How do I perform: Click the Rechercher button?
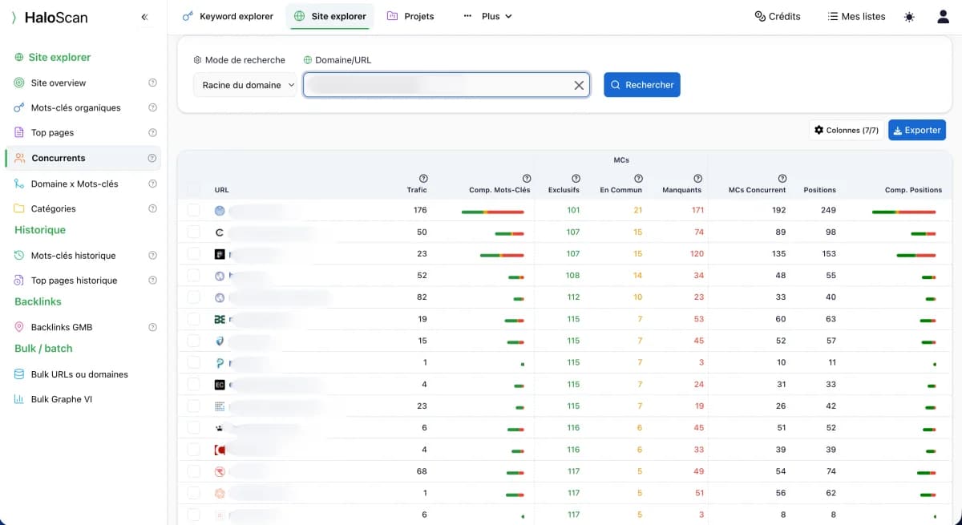641,85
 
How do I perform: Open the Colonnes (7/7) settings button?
847,130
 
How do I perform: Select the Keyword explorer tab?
228,16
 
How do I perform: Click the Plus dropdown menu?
488,16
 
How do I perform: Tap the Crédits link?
777,16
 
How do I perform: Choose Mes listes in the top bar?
856,16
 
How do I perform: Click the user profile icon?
943,16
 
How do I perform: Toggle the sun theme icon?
909,17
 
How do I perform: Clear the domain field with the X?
579,85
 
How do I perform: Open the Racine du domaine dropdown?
245,85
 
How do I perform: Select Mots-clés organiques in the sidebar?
75,107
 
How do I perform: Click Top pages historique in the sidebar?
74,281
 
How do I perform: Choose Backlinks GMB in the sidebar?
62,327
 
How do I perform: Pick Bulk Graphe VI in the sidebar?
61,399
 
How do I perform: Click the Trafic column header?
417,190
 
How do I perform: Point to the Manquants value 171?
697,210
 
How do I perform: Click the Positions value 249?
828,210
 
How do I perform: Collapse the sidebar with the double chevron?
144,17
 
